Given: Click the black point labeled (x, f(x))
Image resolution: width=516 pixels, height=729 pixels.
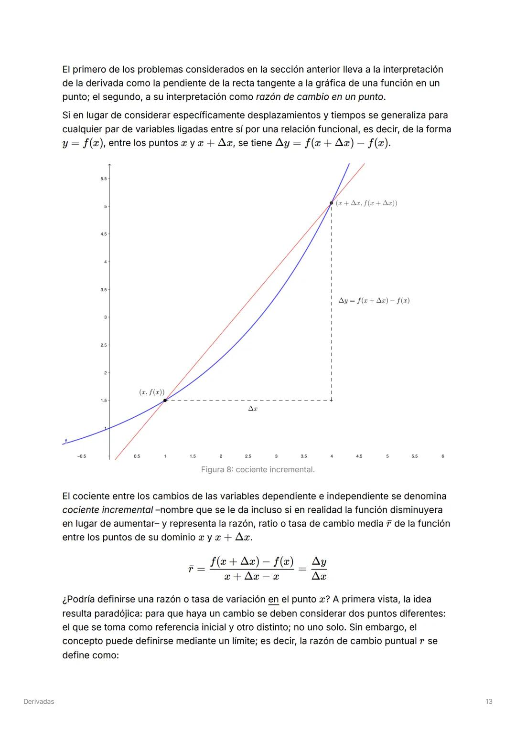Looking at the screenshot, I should click(x=165, y=400).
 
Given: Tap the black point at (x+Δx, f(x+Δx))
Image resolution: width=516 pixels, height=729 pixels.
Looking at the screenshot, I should click(x=331, y=203).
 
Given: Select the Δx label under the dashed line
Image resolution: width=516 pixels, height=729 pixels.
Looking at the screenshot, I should click(x=253, y=409).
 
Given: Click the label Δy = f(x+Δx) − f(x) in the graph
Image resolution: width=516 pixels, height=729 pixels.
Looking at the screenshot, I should click(x=374, y=301).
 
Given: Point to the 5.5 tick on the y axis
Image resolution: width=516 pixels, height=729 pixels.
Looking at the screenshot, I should click(x=104, y=179).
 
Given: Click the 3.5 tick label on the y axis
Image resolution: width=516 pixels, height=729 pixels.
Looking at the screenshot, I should click(x=104, y=290).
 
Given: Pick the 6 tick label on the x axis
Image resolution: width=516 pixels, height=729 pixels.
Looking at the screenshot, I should click(x=443, y=456).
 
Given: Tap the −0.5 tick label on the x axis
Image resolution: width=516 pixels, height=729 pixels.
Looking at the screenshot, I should click(x=82, y=456).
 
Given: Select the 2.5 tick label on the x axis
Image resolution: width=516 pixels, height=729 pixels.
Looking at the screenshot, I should click(x=248, y=456).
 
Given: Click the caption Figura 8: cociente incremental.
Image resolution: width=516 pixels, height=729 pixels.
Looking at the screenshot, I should click(x=258, y=470).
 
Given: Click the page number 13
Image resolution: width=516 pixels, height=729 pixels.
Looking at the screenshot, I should click(x=489, y=701).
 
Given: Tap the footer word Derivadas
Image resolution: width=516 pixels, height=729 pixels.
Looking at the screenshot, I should click(x=39, y=701).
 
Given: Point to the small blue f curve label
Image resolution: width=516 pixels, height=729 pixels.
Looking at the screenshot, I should click(x=66, y=440).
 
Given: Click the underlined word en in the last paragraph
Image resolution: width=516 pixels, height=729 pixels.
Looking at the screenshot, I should click(x=273, y=599).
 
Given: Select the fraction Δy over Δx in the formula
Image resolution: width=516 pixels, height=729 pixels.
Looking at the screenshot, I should click(x=319, y=569).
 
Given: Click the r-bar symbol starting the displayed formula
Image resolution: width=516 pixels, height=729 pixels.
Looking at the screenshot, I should click(x=191, y=569).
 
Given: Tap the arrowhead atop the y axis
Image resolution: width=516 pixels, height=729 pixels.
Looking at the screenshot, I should click(x=109, y=165).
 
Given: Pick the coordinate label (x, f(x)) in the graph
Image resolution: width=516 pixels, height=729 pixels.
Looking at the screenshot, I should click(x=151, y=392).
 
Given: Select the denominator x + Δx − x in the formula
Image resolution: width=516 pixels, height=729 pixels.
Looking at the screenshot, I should click(x=252, y=576).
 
